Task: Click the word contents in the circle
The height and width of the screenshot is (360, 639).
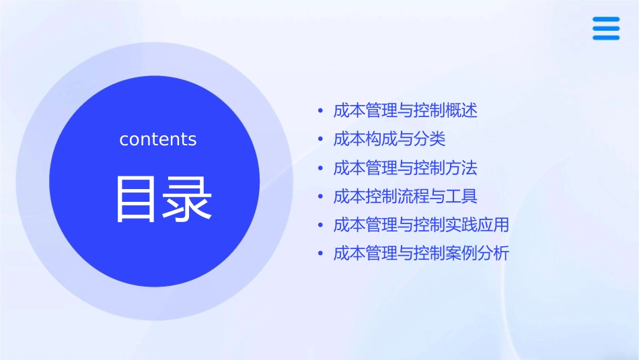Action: click(158, 139)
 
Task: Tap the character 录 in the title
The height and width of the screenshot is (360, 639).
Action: click(188, 199)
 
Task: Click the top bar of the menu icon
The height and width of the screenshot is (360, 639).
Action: click(606, 20)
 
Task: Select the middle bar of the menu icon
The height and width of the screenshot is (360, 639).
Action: click(606, 28)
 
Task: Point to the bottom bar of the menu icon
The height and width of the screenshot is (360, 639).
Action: click(606, 37)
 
